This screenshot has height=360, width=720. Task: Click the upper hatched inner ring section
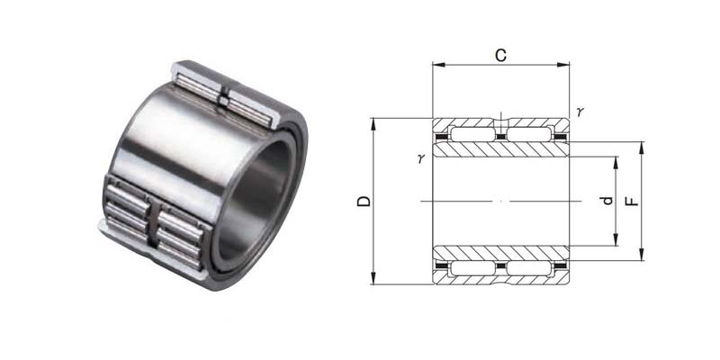pyautogui.click(x=500, y=149)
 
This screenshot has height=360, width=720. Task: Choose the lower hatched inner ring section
pyautogui.click(x=500, y=253)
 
